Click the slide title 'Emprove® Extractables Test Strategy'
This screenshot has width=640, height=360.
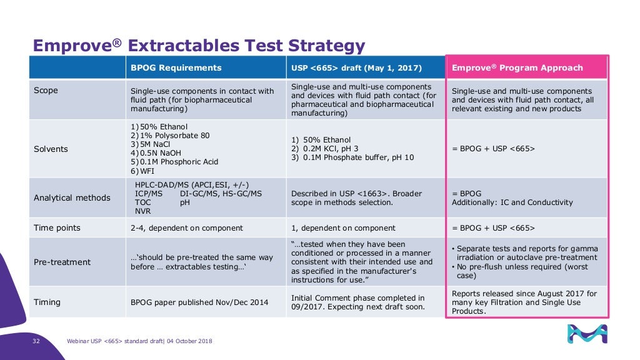[198, 46]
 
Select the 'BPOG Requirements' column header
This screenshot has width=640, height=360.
[176, 67]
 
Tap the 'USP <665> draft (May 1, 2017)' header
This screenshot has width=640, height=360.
[356, 67]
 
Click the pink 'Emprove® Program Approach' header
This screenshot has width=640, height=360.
[517, 67]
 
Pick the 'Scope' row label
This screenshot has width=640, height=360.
[45, 91]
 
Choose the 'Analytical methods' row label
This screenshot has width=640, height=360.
[71, 197]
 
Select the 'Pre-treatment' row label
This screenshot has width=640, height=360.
[62, 262]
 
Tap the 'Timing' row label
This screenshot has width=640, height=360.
[47, 302]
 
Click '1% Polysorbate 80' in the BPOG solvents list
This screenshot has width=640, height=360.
[172, 135]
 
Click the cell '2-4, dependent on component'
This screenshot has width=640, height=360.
[186, 228]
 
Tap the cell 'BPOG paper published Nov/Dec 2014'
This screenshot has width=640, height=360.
[199, 302]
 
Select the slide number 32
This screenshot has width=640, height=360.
[36, 341]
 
